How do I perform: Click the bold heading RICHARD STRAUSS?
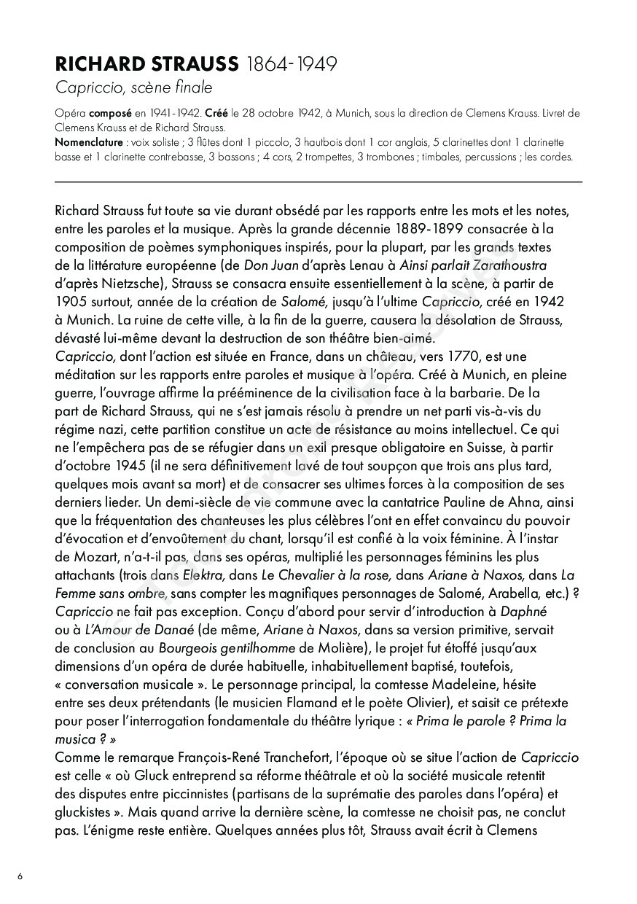coord(146,64)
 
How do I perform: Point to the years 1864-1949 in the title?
coord(292,64)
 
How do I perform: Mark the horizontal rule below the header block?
coord(318,182)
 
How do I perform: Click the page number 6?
coord(20,876)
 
